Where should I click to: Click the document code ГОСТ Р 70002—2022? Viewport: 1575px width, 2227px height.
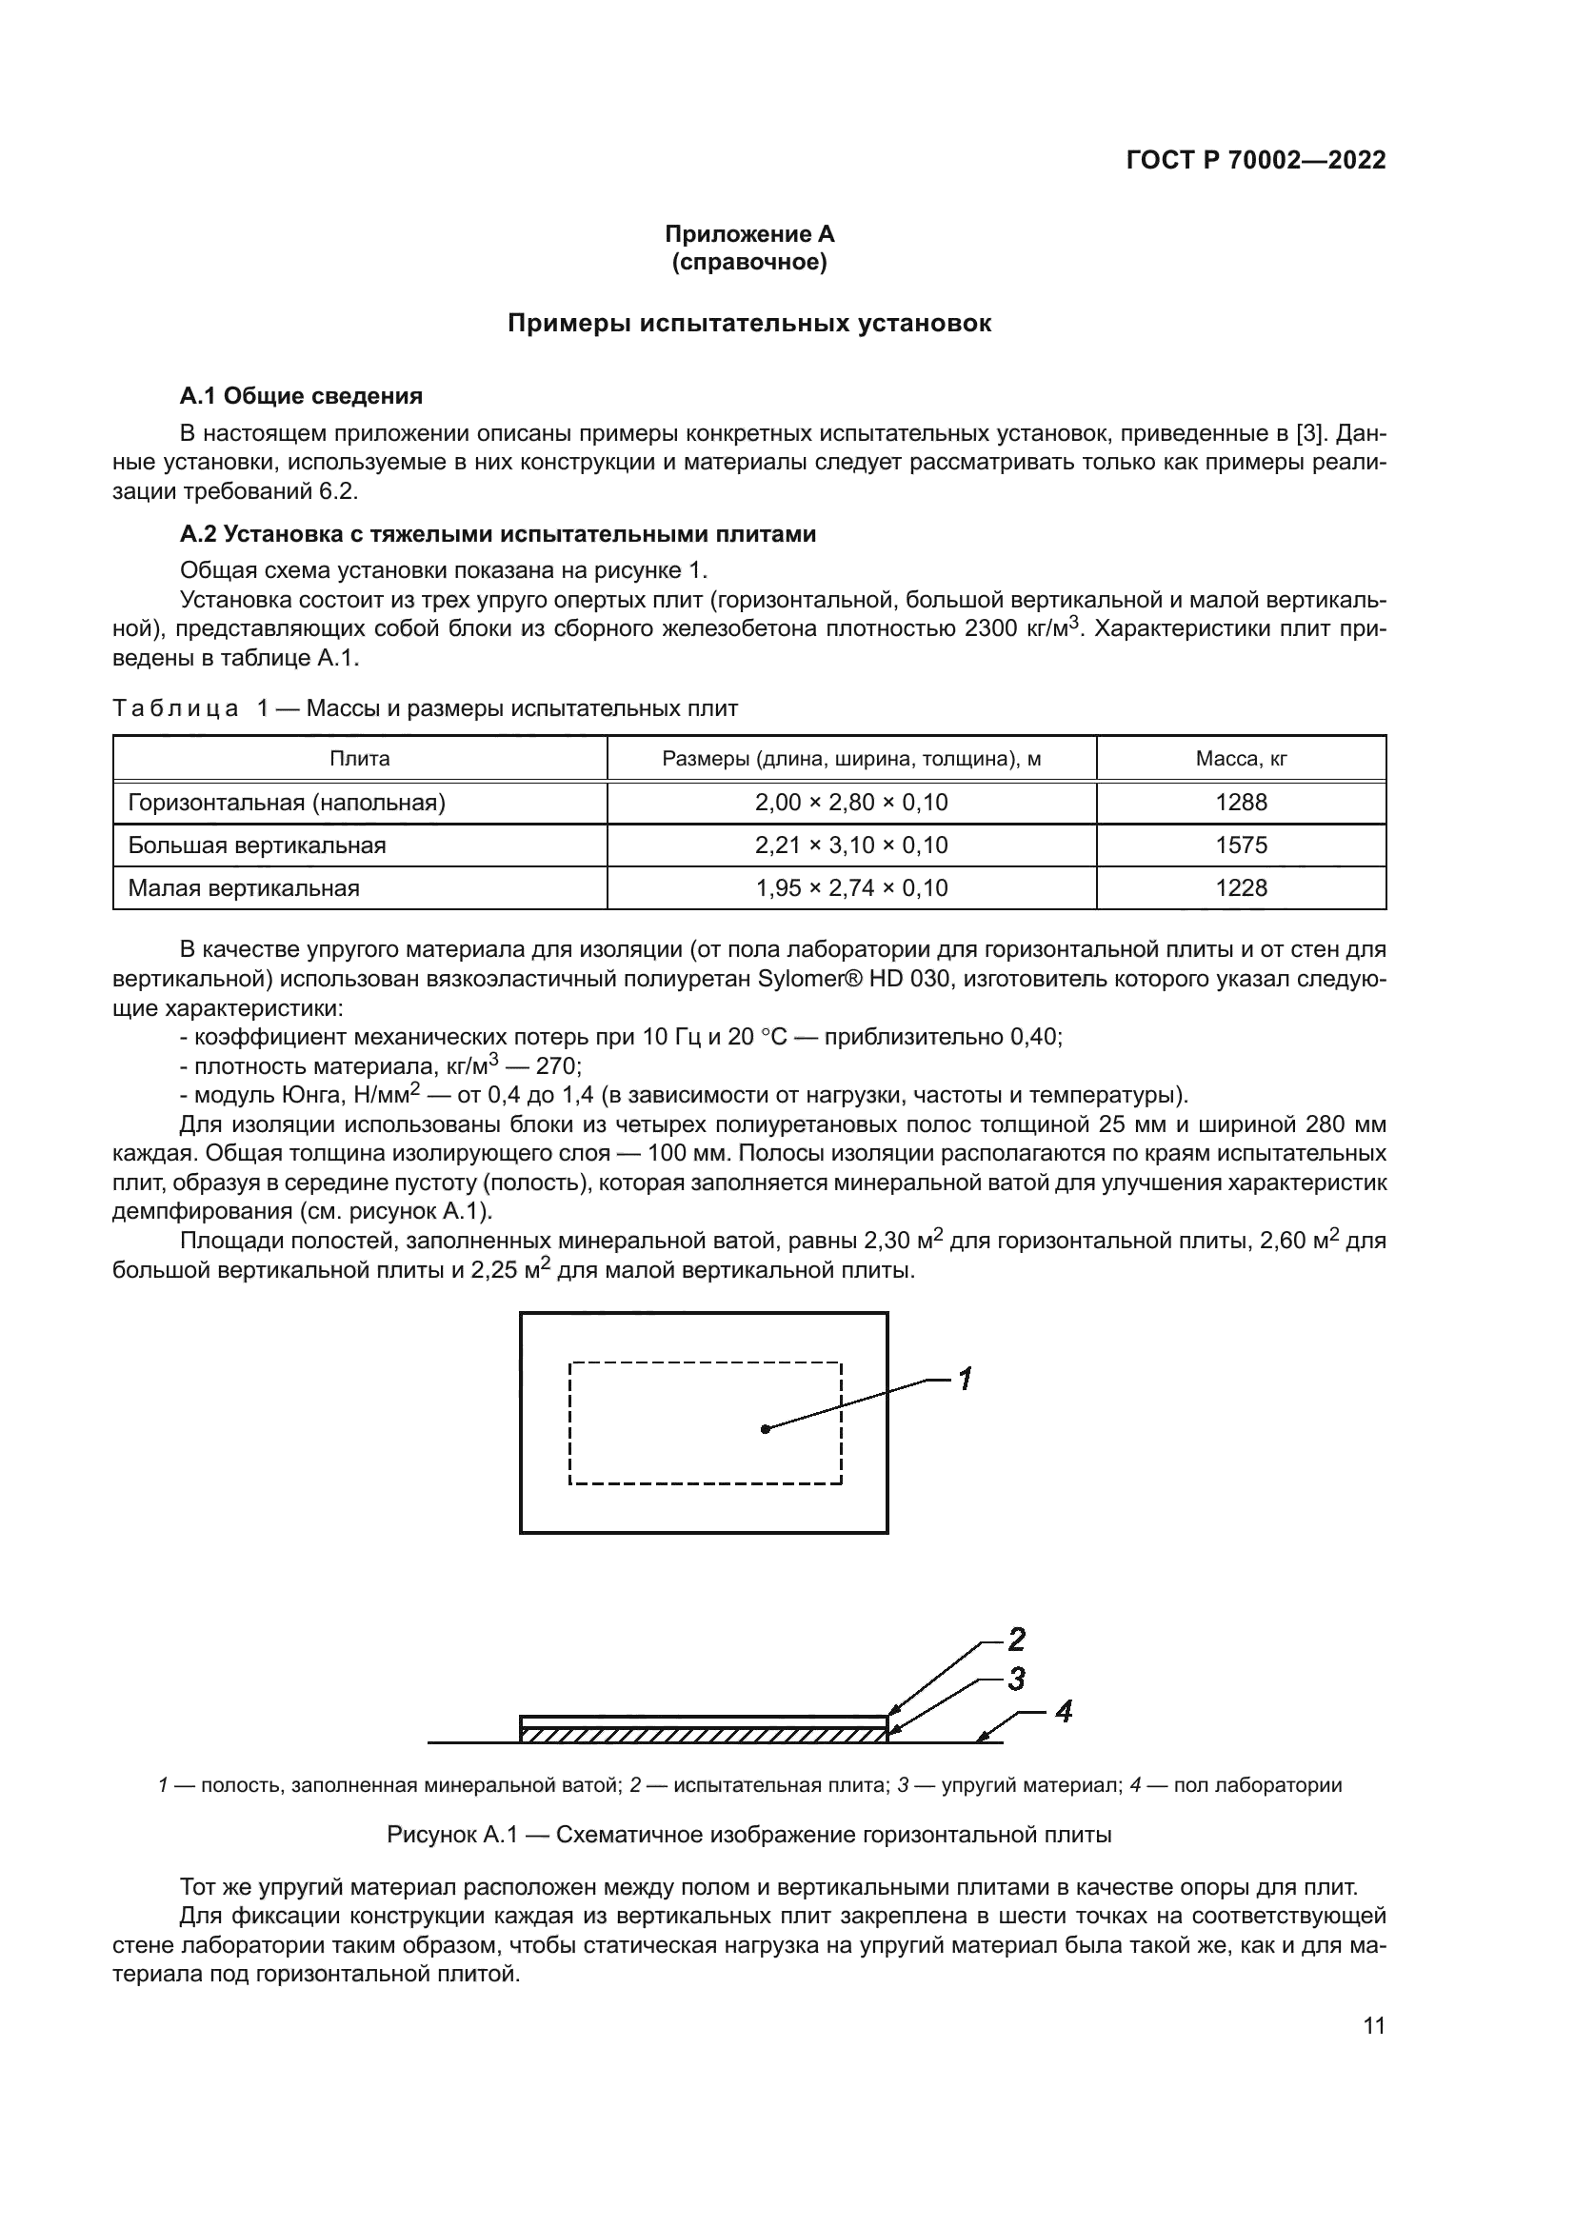(1256, 160)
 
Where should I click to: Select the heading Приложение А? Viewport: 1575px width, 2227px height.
(748, 234)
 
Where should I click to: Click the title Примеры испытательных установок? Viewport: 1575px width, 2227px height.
(748, 324)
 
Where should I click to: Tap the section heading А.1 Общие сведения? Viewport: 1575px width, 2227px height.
(302, 396)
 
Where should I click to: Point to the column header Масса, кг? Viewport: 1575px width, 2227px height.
(1241, 759)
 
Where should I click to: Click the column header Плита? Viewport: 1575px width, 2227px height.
(360, 759)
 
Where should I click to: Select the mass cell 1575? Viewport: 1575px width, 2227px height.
(1241, 845)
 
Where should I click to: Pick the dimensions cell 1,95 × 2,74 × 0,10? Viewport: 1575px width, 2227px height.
(850, 887)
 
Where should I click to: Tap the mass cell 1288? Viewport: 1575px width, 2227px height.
(1241, 802)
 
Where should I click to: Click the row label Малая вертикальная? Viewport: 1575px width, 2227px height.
(244, 887)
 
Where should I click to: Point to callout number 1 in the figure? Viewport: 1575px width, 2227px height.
(965, 1379)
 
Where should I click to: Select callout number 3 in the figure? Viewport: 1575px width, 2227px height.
(1015, 1679)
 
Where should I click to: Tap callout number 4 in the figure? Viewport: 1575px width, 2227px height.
(1063, 1712)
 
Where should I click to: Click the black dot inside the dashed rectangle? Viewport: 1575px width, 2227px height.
(766, 1429)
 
